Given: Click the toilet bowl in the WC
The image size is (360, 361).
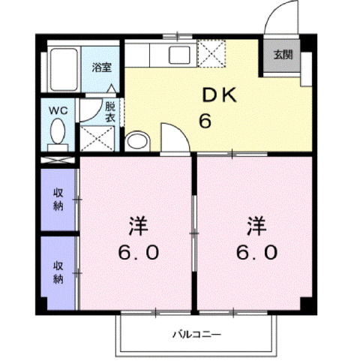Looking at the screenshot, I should tap(58, 134).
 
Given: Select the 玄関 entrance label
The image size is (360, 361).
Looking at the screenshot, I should tap(283, 55).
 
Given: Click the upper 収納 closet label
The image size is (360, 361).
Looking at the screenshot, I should tap(58, 200).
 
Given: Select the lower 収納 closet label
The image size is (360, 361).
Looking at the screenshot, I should tap(58, 272).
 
